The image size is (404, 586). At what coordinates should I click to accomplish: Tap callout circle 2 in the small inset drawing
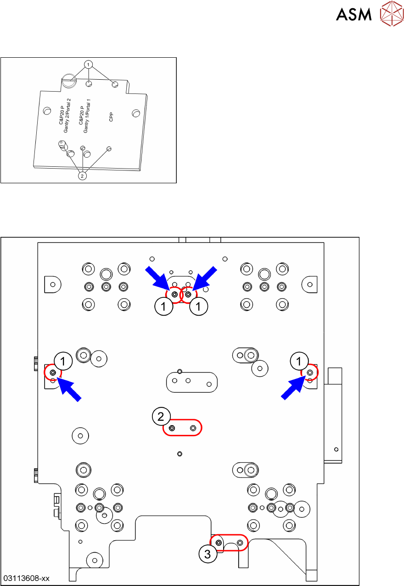click(83, 175)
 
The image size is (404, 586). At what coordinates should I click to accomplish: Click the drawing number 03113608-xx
click(26, 578)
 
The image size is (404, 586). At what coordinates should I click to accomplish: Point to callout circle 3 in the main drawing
click(208, 554)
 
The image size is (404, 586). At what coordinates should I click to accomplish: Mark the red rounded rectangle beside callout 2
click(182, 427)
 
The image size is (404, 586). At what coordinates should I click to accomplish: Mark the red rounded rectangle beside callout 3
click(229, 542)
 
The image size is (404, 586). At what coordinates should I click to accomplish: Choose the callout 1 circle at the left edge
click(64, 361)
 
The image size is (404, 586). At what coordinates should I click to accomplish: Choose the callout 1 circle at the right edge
click(299, 361)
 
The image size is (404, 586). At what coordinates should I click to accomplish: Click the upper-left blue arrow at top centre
click(158, 276)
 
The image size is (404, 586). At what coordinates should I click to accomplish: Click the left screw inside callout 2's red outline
click(172, 428)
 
